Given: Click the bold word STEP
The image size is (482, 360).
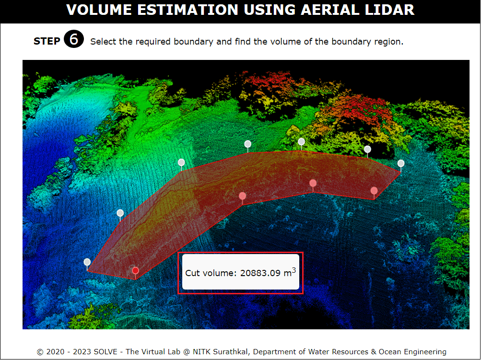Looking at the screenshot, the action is click(x=47, y=41).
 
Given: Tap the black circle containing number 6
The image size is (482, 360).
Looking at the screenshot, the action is click(x=74, y=39).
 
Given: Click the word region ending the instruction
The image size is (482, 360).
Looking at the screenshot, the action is click(x=388, y=42).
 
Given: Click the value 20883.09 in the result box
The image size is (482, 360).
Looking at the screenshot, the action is click(x=260, y=273).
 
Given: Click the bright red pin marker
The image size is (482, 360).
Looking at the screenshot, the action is click(x=136, y=271).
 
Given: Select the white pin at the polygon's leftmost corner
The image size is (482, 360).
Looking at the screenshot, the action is click(x=87, y=262).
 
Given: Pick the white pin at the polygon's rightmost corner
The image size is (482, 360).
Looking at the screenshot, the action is click(x=401, y=163).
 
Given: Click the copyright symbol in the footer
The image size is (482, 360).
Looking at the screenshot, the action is click(x=40, y=352).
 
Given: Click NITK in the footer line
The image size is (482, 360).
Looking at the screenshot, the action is click(x=202, y=352).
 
